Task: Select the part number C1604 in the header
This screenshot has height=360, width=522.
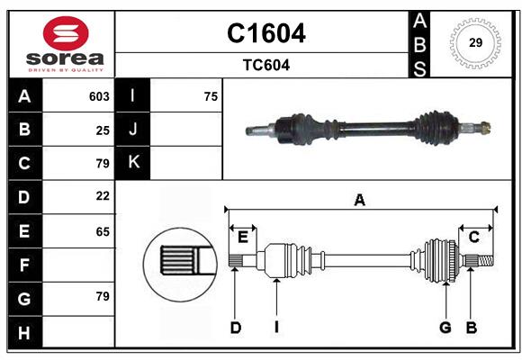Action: point(265,33)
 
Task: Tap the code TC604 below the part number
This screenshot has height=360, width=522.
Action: point(265,65)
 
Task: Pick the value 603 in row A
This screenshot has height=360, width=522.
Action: point(99,96)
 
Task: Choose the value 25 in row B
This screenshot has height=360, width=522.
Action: point(103,130)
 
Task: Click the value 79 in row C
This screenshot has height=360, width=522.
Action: point(103,164)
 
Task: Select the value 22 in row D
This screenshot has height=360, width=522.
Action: point(103,195)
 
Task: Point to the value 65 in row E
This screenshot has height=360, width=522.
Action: point(103,231)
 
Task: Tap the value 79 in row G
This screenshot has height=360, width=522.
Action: point(103,295)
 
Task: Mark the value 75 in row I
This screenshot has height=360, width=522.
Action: point(211,96)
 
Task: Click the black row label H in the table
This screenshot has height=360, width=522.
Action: point(24,332)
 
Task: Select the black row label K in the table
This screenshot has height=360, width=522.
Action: point(134,163)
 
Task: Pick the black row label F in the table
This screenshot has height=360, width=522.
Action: point(24,265)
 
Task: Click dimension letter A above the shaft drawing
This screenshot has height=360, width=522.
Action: point(359,201)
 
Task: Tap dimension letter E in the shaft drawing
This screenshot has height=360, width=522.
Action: point(242,237)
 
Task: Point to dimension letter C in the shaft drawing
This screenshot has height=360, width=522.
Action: point(473,237)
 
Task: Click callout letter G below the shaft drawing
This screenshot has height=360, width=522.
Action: point(445,328)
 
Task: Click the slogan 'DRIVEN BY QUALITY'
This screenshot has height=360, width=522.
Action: point(62,68)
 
